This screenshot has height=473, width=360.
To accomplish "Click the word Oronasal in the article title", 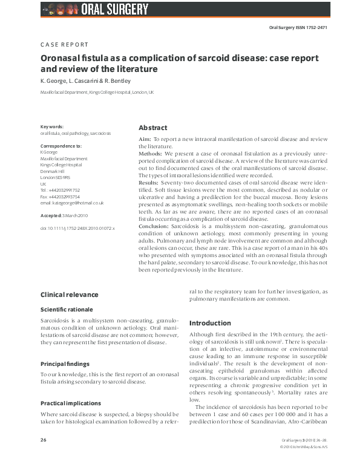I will point(64,58).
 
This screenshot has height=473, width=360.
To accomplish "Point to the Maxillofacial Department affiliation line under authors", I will point(97,93).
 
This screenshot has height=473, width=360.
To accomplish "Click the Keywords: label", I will point(52,126).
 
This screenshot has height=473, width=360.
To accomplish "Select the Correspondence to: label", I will point(61,146).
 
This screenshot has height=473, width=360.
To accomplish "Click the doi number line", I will point(77,229).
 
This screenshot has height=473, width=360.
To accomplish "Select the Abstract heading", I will point(153,128).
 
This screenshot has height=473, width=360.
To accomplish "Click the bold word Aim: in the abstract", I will point(145,139).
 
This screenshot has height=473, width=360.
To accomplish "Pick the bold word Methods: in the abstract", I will point(151,154).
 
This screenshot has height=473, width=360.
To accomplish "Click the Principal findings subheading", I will point(65,364).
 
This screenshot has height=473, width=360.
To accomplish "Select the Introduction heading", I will point(211,323).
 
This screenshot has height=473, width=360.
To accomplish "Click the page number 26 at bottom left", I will point(44,455).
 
